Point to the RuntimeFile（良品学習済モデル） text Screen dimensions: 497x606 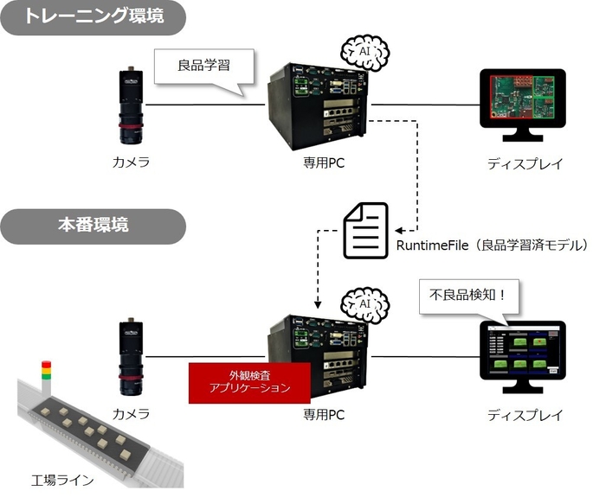[x=492, y=245]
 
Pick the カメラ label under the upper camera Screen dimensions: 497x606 [x=131, y=162]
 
